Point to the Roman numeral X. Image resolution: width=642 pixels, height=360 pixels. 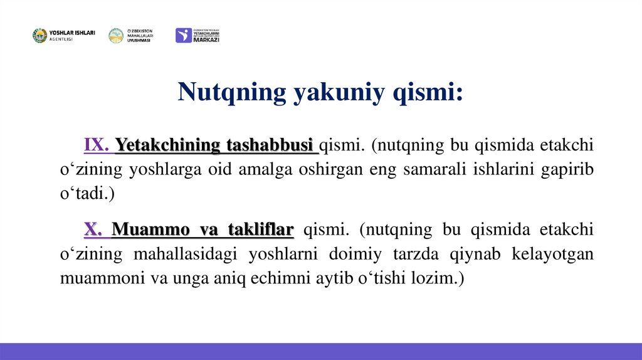[x=93, y=230]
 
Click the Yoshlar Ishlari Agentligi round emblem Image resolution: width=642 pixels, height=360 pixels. [x=39, y=36]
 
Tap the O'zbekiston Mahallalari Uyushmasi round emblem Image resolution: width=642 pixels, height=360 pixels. [x=116, y=36]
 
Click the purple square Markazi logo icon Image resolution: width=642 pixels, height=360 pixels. [x=183, y=36]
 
